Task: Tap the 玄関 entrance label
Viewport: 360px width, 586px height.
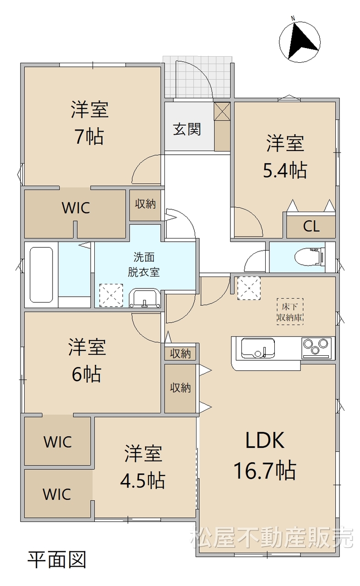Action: [187, 129]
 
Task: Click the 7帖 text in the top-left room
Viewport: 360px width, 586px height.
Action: [89, 136]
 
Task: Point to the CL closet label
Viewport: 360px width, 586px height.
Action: [311, 226]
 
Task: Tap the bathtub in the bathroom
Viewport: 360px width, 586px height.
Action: [41, 274]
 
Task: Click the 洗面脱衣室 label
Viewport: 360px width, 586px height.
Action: [144, 265]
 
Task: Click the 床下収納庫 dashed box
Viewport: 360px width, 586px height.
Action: [290, 312]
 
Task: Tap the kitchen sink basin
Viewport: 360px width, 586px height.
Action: [258, 348]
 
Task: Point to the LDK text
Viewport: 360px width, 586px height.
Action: [265, 440]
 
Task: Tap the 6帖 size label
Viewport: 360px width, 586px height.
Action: [87, 374]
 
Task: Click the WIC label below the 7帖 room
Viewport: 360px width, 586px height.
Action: [76, 208]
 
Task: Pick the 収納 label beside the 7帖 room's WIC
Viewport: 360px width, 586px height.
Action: [145, 204]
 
